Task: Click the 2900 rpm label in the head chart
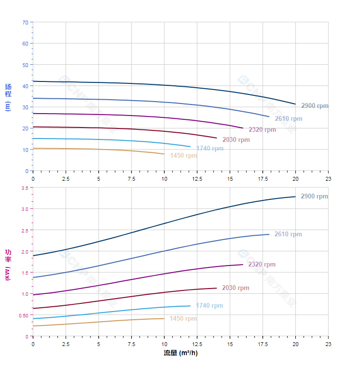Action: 315,105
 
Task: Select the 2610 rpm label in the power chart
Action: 288,234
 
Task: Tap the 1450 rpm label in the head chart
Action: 183,156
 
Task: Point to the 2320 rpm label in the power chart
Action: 262,265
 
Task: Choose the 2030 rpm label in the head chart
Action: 236,140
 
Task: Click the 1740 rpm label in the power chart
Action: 209,306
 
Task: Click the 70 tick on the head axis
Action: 25,23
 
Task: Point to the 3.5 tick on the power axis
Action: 24,188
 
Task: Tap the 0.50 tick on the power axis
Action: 23,315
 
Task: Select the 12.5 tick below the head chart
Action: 197,179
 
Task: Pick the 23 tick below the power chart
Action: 328,344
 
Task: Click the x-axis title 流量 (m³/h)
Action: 180,353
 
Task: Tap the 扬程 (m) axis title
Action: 8,97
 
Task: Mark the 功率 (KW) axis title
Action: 8,265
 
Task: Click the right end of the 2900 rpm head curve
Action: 295,104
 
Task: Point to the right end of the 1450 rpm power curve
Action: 164,318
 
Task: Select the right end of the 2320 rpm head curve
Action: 243,128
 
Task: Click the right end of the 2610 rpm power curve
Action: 269,234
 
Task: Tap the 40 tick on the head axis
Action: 25,86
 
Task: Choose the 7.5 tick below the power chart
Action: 132,344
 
